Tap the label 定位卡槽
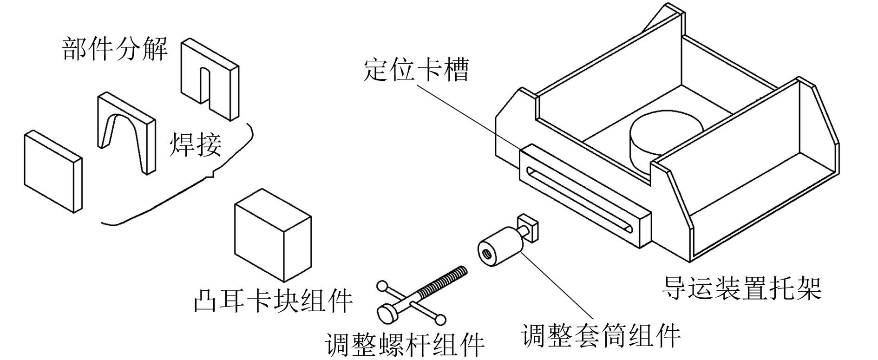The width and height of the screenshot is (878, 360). (x=416, y=70)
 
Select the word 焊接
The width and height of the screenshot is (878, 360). (x=196, y=144)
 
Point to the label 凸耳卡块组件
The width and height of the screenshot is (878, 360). (x=273, y=300)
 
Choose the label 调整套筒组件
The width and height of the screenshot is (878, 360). (x=601, y=335)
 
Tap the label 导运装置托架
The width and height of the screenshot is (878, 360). (x=742, y=288)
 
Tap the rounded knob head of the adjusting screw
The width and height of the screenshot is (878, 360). (x=388, y=312)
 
